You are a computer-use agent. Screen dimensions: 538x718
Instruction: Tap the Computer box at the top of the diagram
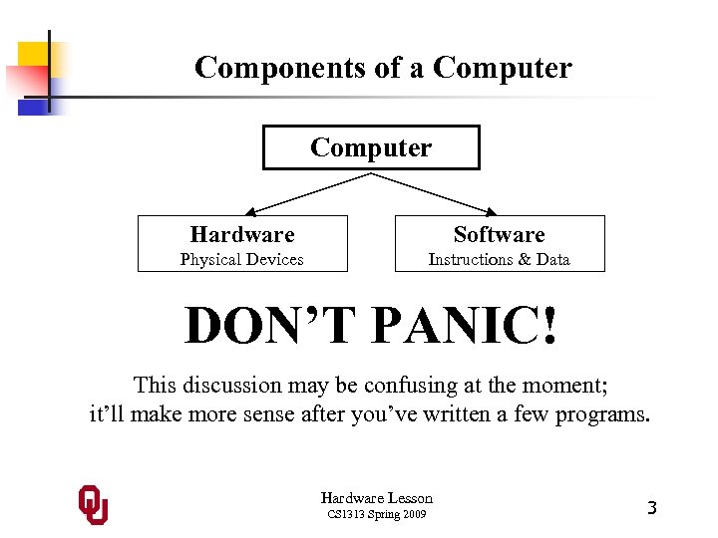click(371, 147)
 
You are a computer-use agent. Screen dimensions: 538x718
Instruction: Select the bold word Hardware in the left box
click(242, 235)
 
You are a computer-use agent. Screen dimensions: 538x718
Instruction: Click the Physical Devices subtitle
click(241, 260)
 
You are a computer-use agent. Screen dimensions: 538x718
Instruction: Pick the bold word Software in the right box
click(499, 235)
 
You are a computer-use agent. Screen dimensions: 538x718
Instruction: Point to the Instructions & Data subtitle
click(499, 260)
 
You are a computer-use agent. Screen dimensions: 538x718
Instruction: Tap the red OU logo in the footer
click(93, 505)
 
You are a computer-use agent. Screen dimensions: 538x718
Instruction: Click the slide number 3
click(651, 507)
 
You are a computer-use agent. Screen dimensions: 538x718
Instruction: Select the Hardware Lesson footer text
click(377, 497)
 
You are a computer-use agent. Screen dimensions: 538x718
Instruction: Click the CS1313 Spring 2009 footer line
click(377, 514)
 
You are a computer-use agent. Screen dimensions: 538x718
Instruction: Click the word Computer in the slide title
click(503, 68)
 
